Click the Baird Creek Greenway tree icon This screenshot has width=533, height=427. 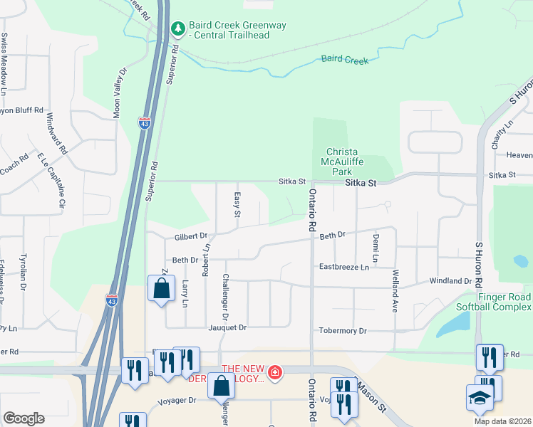click(177, 29)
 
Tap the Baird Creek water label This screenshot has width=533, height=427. click(345, 60)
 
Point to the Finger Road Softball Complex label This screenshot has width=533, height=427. click(495, 301)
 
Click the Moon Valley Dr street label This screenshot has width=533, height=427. click(119, 92)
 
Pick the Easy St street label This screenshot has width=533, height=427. click(237, 204)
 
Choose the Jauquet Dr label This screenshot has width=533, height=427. click(227, 327)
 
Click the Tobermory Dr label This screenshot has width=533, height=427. click(342, 331)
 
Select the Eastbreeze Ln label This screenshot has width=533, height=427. click(344, 267)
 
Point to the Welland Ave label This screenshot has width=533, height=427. click(393, 294)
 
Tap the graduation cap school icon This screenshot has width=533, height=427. click(480, 399)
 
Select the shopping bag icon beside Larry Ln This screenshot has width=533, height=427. click(161, 289)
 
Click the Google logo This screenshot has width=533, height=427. click(24, 418)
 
